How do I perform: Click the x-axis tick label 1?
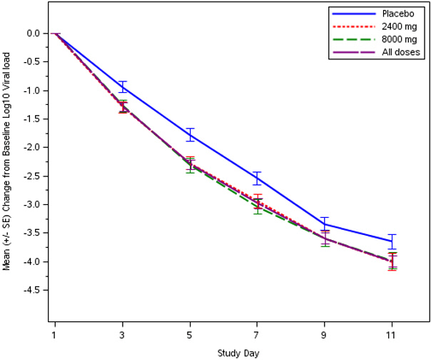point(54,334)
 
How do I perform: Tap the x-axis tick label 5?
point(190,334)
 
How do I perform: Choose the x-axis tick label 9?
point(325,334)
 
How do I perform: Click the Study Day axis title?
point(238,353)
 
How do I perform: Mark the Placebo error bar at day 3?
point(122,87)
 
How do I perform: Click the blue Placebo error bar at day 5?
point(190,134)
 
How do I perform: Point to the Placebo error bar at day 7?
point(258,179)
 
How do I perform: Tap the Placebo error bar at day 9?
point(325,224)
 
